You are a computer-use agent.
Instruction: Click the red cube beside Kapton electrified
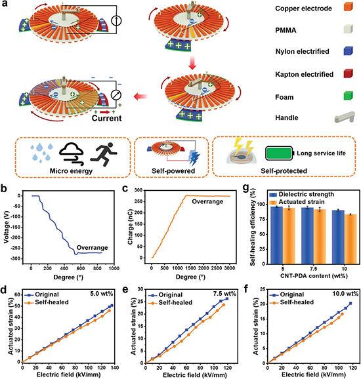click(x=348, y=73)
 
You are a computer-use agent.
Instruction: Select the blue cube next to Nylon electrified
click(x=348, y=50)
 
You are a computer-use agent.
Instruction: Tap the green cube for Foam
click(x=348, y=96)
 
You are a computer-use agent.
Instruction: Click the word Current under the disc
click(x=106, y=118)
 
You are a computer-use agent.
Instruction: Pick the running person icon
click(x=104, y=155)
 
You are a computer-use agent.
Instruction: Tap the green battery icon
click(x=280, y=153)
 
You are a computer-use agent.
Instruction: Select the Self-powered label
click(x=173, y=171)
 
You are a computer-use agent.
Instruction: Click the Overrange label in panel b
click(x=92, y=247)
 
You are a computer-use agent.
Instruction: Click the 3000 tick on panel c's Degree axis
click(x=230, y=268)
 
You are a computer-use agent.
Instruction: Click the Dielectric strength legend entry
click(x=302, y=194)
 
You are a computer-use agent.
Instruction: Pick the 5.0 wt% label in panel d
click(x=102, y=294)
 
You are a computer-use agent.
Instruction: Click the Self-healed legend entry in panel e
click(x=170, y=303)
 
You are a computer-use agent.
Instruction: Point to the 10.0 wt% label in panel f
click(x=345, y=294)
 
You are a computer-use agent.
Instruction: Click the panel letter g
click(x=246, y=188)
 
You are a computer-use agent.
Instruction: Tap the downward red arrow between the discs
click(x=192, y=63)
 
